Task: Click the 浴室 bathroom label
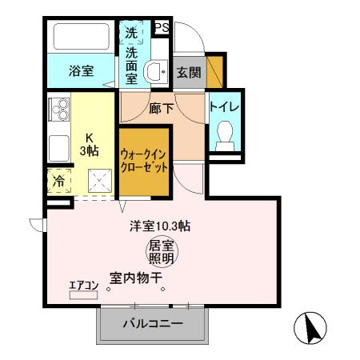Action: [80, 70]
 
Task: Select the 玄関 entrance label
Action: [188, 72]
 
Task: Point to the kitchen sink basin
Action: [59, 149]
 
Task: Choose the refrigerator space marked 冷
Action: [59, 182]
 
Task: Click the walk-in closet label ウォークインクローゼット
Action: [144, 161]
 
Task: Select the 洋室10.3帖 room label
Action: [161, 226]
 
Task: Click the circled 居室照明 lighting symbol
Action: [162, 254]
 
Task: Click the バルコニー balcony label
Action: [152, 324]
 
